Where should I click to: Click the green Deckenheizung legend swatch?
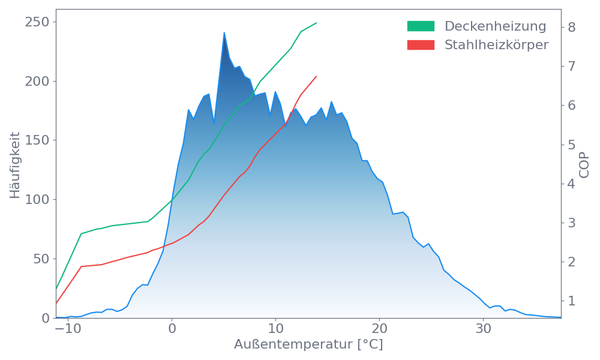pos(421,26)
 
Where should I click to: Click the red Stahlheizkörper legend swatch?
pos(421,45)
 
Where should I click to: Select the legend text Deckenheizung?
pos(495,26)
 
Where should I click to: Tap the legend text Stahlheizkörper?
pos(496,45)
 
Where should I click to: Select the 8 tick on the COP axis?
pos(572,27)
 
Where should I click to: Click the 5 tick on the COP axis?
pos(572,145)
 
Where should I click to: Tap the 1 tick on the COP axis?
pos(572,301)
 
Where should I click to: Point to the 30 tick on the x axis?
pos(484,329)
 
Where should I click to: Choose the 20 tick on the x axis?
pos(380,329)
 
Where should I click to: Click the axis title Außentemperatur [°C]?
pos(308,345)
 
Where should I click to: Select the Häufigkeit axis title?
pos(16,165)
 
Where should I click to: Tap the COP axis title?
pos(585,165)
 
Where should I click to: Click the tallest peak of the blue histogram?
pos(224,33)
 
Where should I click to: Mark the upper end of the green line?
pos(316,23)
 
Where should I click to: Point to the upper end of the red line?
pos(316,76)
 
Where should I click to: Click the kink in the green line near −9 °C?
pos(81,233)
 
